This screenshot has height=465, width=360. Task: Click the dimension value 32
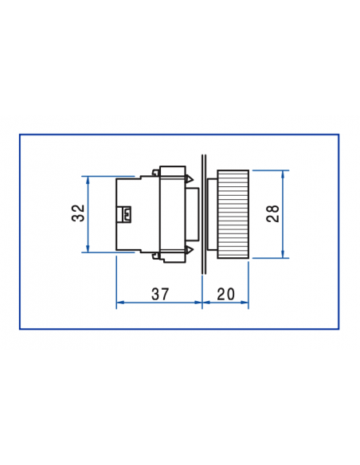pos(77,213)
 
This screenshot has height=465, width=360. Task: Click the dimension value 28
pos(272,213)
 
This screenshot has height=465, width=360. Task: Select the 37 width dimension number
pos(160,294)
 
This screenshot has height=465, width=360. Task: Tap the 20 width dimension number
pos(225,294)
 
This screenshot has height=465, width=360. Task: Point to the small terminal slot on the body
pos(127,213)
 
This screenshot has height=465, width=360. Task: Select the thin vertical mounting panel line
pos(204,213)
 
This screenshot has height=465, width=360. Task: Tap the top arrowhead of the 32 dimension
pos(88,179)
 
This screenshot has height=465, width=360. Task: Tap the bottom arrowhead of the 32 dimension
pos(88,249)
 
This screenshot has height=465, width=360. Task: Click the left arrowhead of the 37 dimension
pos(120,303)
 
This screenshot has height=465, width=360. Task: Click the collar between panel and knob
pos(211,213)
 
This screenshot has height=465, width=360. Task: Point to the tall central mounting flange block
pos(172,213)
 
